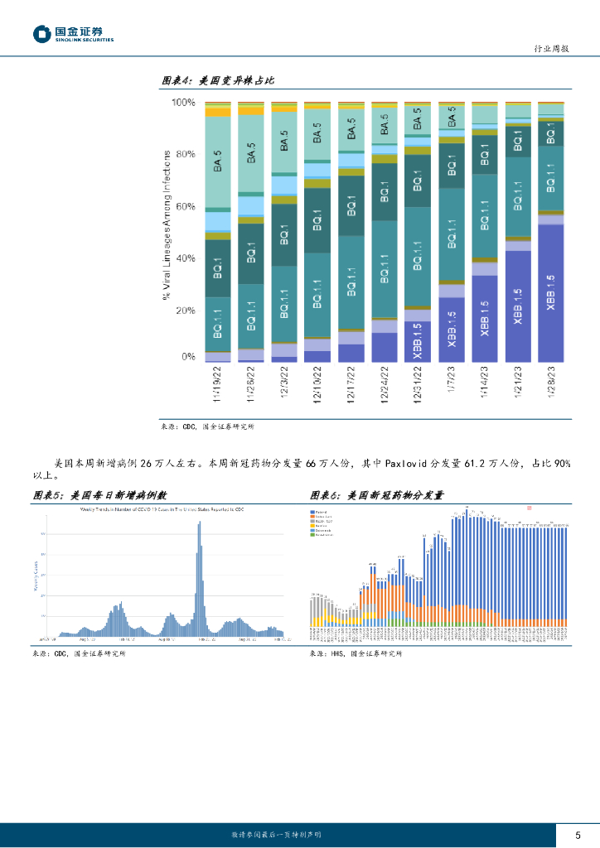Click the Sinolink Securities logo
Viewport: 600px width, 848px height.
click(73, 34)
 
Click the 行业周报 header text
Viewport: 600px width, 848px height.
click(550, 50)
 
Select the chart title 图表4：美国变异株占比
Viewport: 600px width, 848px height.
click(217, 80)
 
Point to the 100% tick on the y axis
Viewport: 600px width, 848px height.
click(183, 103)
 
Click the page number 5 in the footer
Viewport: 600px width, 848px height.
click(578, 834)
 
